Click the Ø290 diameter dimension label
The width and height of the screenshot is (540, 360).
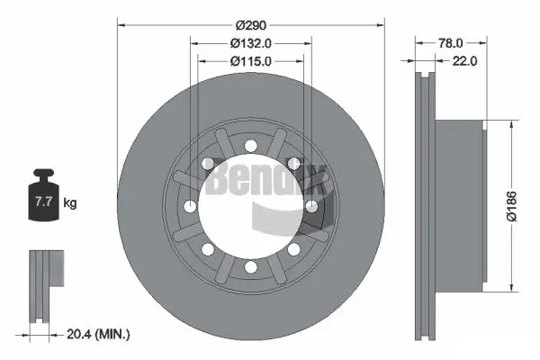[251, 25]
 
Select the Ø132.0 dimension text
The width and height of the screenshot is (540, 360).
[251, 43]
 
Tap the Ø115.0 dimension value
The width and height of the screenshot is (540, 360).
[251, 61]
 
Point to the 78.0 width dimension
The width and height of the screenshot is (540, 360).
[451, 43]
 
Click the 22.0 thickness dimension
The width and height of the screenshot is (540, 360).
[464, 61]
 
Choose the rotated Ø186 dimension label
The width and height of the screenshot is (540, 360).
[512, 206]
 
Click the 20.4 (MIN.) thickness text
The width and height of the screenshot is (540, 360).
[98, 334]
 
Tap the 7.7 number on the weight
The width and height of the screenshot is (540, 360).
[44, 202]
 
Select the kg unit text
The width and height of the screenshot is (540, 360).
[70, 202]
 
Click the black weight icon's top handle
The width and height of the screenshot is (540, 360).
[43, 174]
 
